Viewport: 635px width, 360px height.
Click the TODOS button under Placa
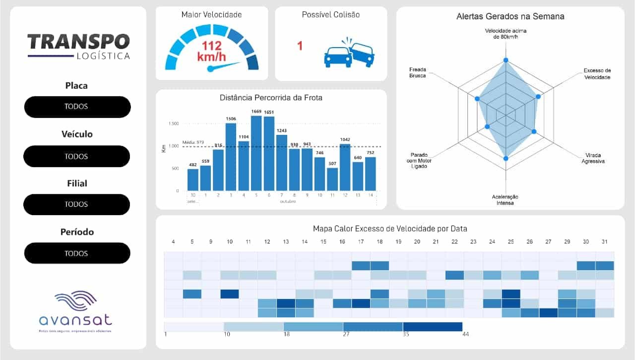click(x=77, y=107)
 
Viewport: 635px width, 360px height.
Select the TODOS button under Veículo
click(x=76, y=156)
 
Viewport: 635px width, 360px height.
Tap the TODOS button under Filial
click(x=76, y=204)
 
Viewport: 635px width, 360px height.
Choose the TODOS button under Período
click(x=76, y=253)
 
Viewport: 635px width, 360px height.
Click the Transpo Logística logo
click(x=78, y=47)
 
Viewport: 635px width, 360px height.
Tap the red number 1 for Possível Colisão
click(x=300, y=46)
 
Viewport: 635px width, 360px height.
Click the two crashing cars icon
click(x=349, y=53)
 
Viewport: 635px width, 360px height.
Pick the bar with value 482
click(x=193, y=180)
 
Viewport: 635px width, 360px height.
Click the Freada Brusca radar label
click(x=418, y=72)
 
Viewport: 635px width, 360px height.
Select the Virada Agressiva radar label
click(x=593, y=158)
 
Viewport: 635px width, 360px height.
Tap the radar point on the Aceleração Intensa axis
click(x=506, y=158)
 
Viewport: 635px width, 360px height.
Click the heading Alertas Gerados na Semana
click(x=510, y=16)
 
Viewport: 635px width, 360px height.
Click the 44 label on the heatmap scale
click(x=465, y=334)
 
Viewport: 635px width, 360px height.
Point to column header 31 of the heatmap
click(x=605, y=241)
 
